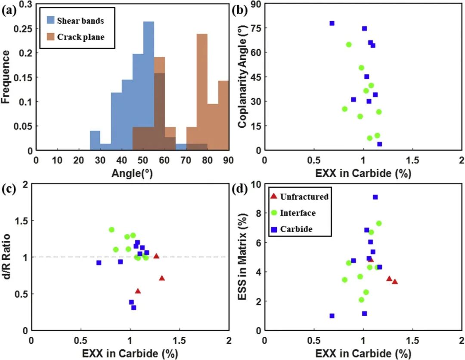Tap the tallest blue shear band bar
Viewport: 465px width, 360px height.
[x=149, y=86]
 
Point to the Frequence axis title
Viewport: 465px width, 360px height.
[x=6, y=77]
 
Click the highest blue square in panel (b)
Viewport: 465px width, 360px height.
[x=332, y=23]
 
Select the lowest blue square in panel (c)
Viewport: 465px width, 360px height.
[x=133, y=308]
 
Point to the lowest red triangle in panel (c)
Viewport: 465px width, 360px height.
[x=138, y=291]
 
